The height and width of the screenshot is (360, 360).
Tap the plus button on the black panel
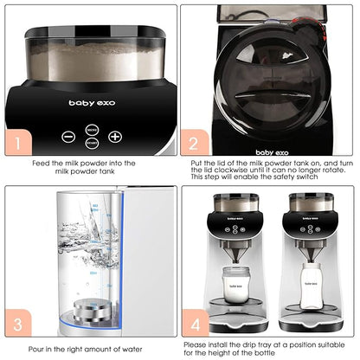click(x=115, y=137)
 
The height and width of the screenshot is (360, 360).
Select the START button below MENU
click(x=92, y=143)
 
